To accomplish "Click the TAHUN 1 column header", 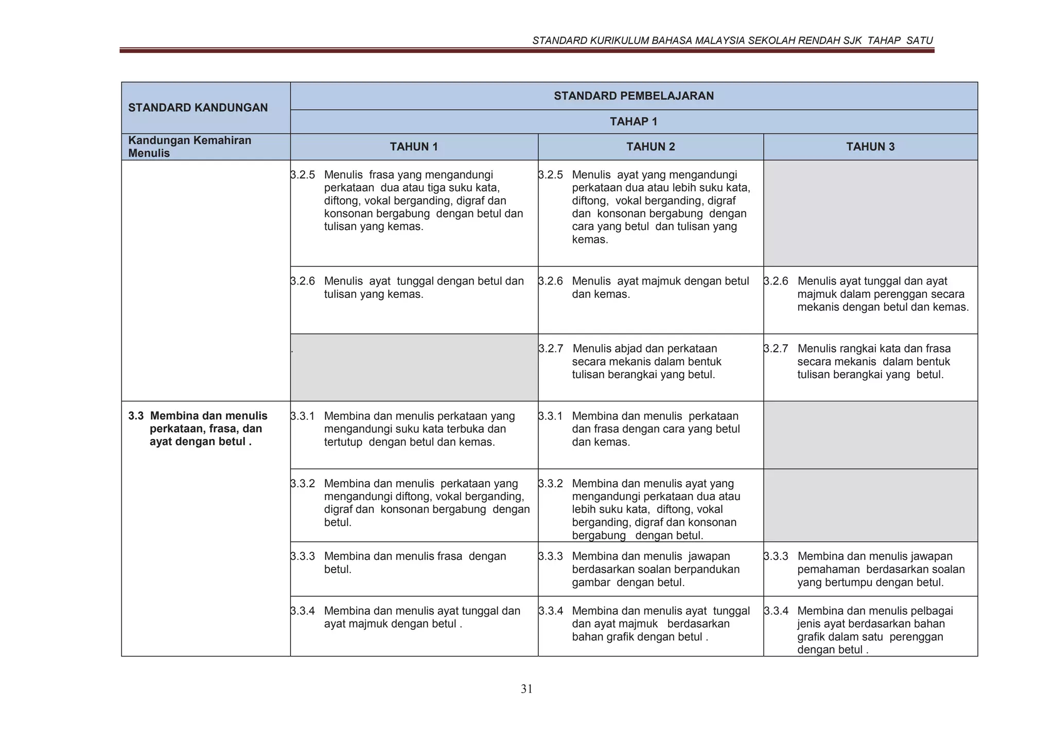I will click(414, 147).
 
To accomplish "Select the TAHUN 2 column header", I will click(651, 147).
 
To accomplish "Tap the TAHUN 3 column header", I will click(870, 147).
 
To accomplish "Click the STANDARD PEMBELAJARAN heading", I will click(634, 96).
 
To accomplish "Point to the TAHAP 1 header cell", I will click(634, 121).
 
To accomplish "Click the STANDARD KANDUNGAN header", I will click(198, 108).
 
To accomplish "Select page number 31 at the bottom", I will click(526, 689).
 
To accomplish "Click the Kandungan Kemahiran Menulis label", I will click(189, 147).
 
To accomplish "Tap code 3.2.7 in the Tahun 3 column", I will click(776, 348).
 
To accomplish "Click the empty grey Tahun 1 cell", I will click(414, 367).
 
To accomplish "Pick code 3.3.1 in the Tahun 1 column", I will click(303, 416).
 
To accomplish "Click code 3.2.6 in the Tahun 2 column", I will click(551, 281).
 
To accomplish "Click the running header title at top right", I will click(732, 41).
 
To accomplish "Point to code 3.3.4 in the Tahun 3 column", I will click(776, 611).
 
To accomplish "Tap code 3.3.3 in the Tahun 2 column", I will click(551, 556).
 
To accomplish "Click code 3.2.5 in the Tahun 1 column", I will click(303, 175).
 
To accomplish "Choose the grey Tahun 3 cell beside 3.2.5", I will click(870, 213).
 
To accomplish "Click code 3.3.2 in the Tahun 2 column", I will click(551, 484).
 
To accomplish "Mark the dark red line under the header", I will click(526, 50).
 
